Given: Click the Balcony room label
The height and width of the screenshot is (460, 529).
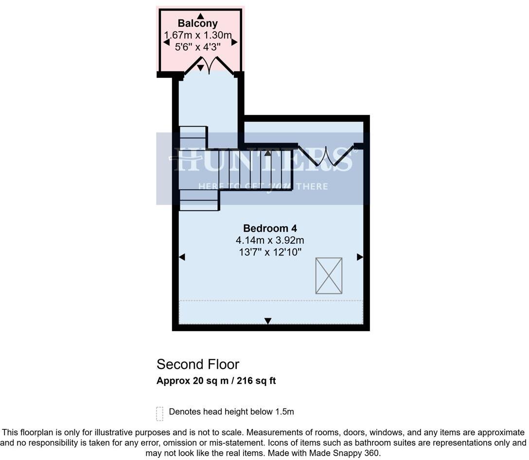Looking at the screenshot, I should point(197,23).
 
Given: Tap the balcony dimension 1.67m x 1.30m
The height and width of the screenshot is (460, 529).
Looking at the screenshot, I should point(197,35).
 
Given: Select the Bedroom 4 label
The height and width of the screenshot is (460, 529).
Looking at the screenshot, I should point(270,228).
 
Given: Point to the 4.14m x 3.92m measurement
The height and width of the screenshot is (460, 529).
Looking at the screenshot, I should point(270,240).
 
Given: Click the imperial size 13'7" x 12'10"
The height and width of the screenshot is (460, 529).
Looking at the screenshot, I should point(270,252).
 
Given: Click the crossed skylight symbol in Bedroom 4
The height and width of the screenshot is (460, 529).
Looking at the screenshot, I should point(329,276).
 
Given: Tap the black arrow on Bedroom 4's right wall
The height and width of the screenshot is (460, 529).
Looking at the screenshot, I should point(360,257).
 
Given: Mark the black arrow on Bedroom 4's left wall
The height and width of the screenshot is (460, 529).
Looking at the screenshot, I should point(182,257).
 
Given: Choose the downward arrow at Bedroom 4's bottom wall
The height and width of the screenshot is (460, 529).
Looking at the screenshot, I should point(267,321).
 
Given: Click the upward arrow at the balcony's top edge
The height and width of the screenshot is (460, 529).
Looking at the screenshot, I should point(200,16).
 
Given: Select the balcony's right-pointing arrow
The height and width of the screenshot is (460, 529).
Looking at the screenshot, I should point(234,42).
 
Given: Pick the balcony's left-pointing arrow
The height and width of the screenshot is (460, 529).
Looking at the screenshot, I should point(166,42).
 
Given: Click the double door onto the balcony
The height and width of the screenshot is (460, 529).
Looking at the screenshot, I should point(209,65).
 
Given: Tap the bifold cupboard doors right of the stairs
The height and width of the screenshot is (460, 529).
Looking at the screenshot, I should point(325,156).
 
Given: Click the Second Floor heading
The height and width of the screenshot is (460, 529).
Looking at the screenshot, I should point(198,364).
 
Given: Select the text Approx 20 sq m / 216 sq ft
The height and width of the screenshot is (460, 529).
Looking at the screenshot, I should point(216,381).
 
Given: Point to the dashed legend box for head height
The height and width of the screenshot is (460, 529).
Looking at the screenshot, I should point(159,413).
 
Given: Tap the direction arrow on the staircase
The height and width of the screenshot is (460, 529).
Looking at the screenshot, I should point(267,153).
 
